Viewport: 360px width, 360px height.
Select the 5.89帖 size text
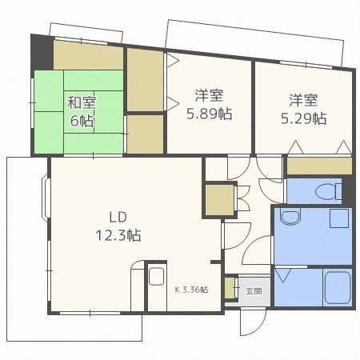210,114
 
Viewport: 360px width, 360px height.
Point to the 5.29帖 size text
303,118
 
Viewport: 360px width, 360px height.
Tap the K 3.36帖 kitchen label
191,290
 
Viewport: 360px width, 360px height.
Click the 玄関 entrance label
254,290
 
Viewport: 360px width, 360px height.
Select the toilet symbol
326,190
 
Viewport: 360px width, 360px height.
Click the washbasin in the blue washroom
290,217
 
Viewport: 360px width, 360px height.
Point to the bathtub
336,288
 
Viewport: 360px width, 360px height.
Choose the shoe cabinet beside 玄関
230,288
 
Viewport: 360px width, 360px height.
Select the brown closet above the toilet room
318,166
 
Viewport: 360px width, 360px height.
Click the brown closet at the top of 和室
88,58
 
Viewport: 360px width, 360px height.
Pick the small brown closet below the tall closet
145,134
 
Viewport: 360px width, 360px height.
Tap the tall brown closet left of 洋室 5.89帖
145,80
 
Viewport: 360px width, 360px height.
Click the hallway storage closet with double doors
218,200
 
